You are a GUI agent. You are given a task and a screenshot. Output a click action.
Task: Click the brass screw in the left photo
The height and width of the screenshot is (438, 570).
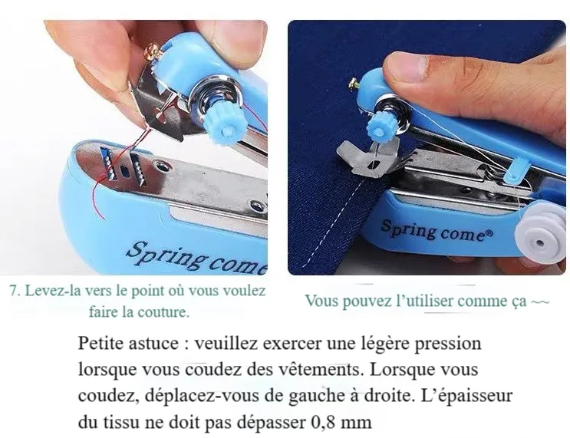[x=151, y=52]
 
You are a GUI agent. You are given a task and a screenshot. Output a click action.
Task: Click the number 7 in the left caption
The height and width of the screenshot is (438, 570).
[x=14, y=291]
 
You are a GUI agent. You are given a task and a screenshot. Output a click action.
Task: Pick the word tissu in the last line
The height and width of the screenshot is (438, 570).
[x=121, y=423]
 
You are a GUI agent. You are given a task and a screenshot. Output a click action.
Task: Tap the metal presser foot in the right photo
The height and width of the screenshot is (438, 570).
[x=368, y=157]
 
